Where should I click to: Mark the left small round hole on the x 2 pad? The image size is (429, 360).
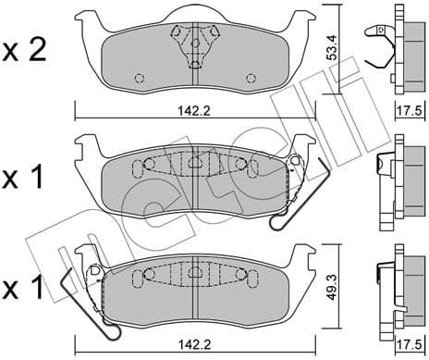point(140,77)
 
